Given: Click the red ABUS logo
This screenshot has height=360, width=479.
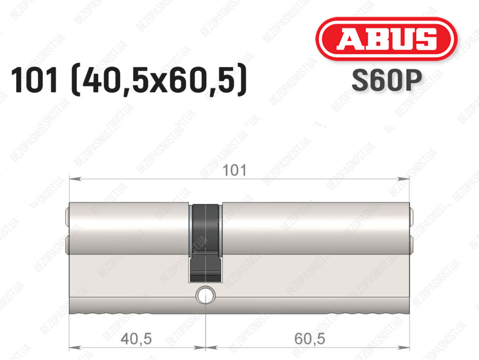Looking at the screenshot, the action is pos(386,38).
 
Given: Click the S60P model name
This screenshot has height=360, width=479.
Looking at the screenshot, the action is pos(387,81).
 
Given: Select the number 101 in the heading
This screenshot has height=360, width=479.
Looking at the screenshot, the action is pos(34,81).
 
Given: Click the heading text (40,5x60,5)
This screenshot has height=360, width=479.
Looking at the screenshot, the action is pos(159,80).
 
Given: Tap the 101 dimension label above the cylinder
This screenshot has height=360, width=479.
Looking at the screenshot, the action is pos(234,170).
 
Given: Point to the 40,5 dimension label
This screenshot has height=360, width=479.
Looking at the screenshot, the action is pos(136,338).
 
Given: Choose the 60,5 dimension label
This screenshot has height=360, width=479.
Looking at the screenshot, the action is pos(310,338).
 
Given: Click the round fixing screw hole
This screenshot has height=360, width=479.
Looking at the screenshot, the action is pos(206,295).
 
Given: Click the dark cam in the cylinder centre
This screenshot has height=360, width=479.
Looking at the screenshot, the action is pos(205,243).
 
